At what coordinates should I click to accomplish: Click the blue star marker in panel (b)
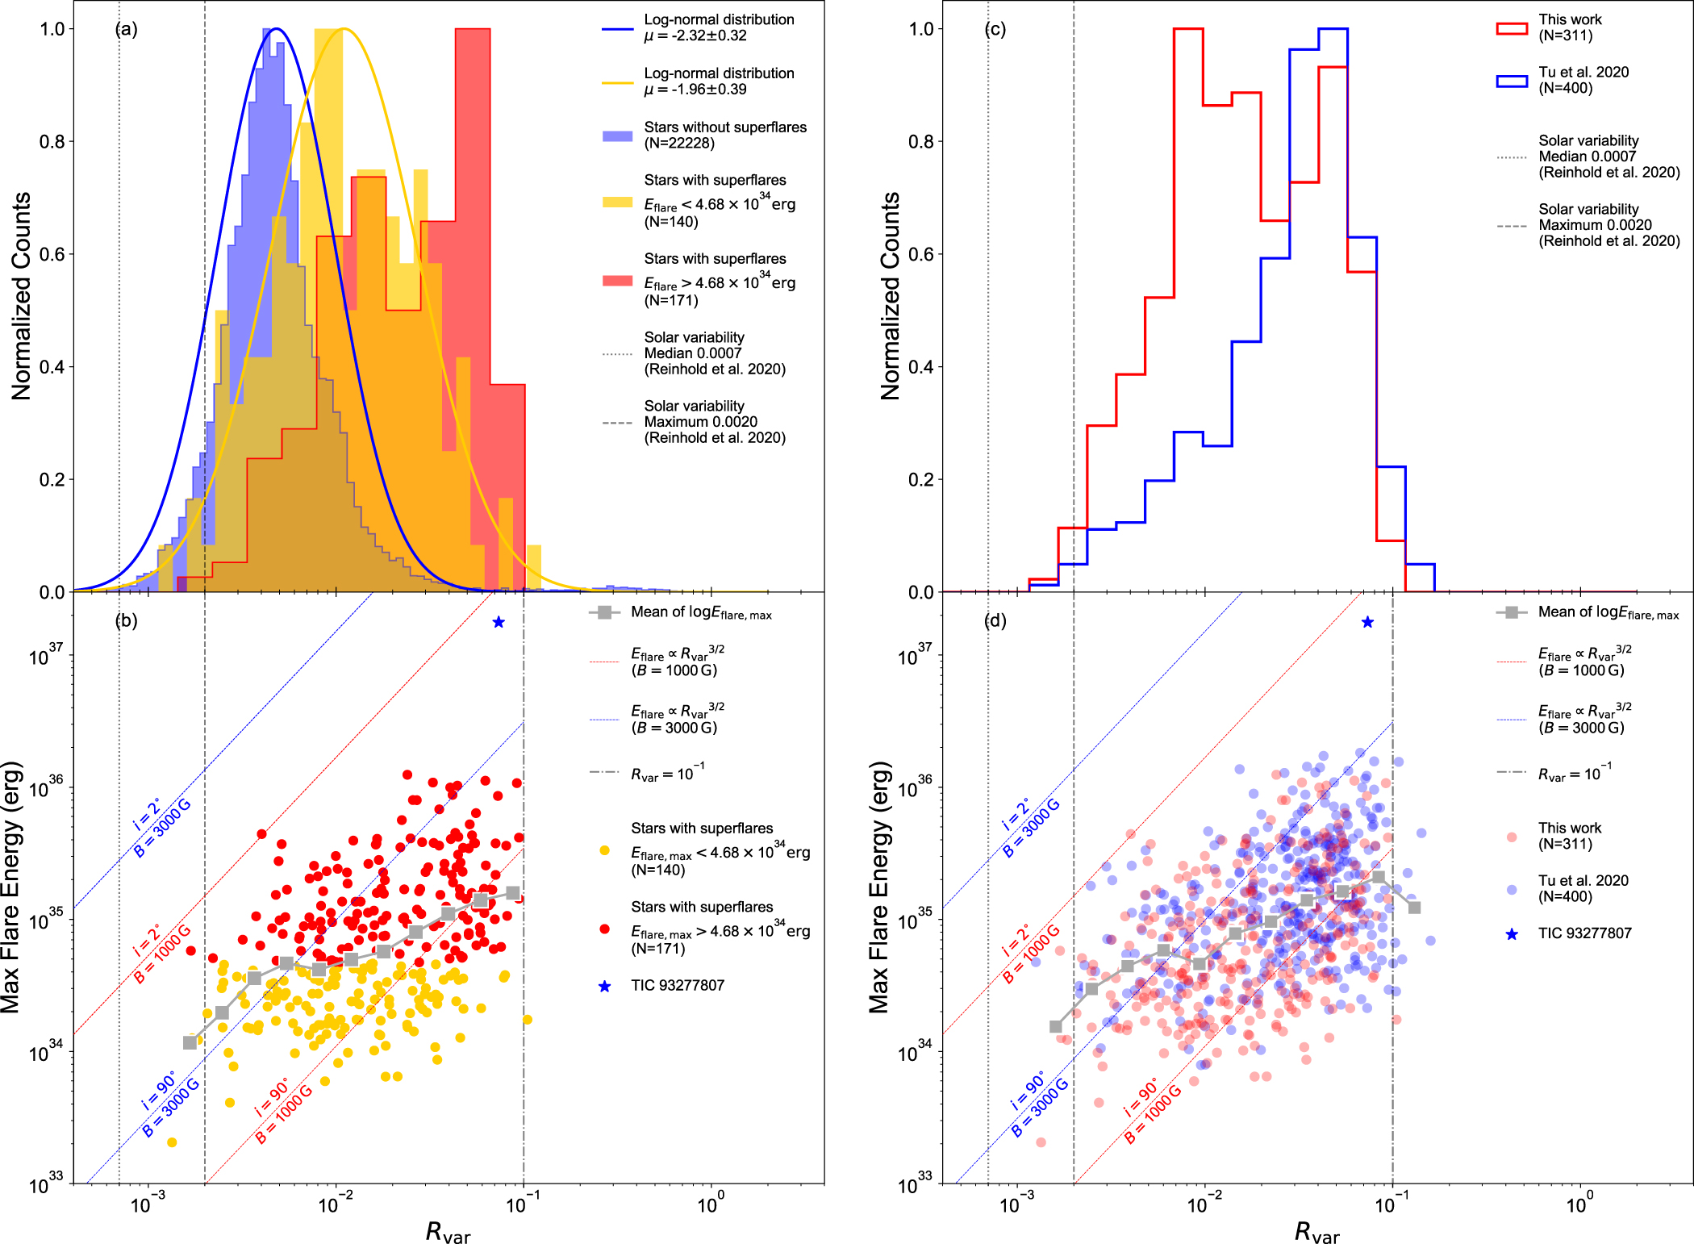499,622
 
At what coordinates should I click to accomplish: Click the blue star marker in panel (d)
1367,622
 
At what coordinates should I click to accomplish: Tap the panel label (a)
126,29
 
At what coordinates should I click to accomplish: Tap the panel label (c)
995,29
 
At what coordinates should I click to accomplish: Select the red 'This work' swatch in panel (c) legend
1511,28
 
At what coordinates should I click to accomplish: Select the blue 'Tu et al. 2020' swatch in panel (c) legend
1511,81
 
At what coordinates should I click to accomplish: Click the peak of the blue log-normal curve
276,29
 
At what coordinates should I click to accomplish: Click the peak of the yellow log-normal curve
344,29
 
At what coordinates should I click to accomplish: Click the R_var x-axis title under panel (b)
448,1232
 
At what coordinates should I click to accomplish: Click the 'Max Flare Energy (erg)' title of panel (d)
879,887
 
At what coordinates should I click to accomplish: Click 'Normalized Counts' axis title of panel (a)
21,296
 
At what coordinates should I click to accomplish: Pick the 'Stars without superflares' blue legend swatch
617,136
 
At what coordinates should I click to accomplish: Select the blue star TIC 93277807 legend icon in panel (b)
604,986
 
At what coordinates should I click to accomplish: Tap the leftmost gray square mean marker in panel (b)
190,1042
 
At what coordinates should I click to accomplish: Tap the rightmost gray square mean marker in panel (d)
1414,908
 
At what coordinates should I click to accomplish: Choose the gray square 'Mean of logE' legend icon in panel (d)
1511,612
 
